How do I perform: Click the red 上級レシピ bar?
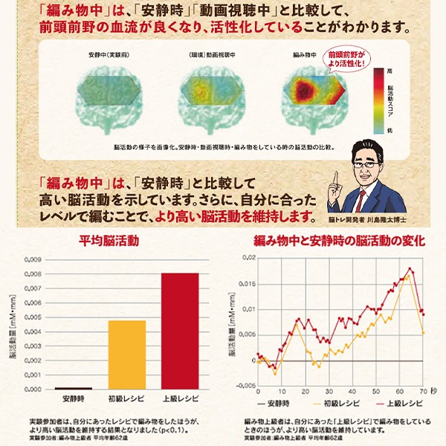pos(180,331)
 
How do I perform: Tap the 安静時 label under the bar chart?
pos(74,398)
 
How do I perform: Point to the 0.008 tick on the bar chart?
pos(33,274)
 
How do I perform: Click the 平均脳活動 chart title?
pos(110,242)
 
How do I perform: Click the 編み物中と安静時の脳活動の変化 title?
pos(339,241)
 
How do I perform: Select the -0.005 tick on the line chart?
pos(243,387)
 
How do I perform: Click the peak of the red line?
pos(410,268)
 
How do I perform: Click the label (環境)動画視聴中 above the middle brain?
pos(206,56)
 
